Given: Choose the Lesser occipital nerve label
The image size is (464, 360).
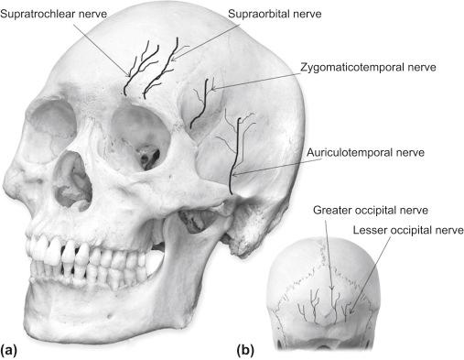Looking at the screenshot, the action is [409, 228].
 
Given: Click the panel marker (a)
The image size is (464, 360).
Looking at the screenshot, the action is [12, 348].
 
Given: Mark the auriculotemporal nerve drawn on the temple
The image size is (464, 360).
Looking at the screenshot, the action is [237, 151].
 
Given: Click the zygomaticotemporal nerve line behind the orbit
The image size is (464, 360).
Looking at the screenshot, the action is [207, 101].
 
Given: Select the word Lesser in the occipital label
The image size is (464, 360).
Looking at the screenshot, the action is [377, 228].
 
